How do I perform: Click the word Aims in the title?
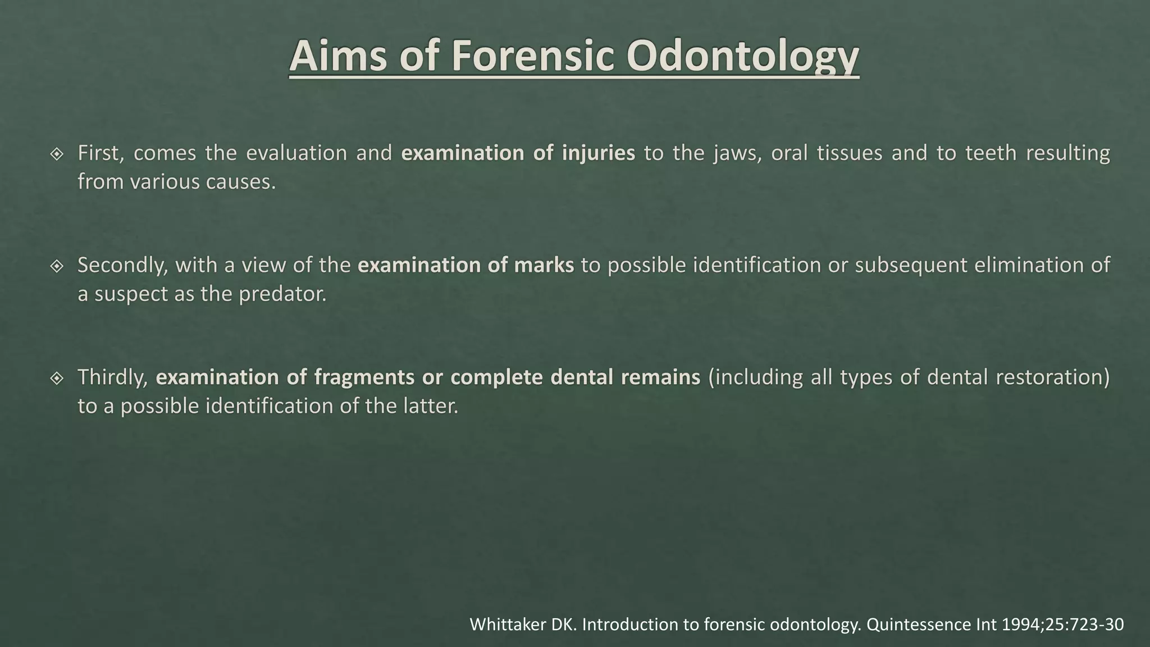click(338, 56)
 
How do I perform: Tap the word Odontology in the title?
click(742, 56)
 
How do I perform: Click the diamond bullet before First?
click(57, 154)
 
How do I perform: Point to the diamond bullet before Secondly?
click(57, 266)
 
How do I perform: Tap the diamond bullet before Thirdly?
click(57, 378)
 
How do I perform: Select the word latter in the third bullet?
click(431, 406)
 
